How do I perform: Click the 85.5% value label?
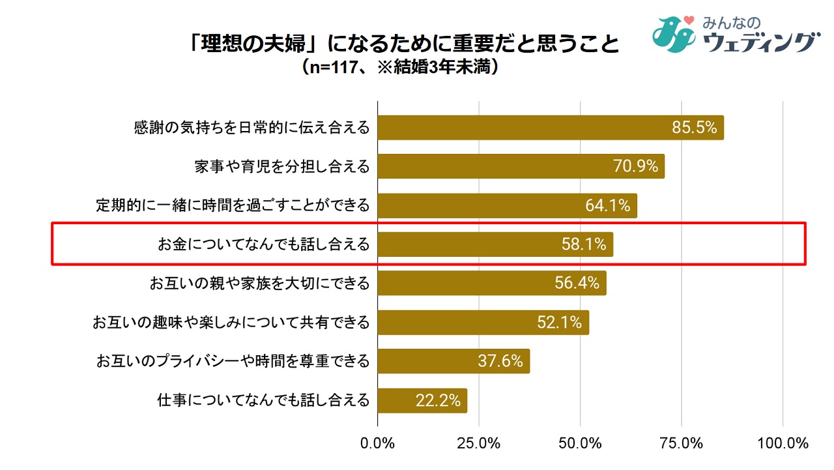695,128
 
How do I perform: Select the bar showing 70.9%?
521,166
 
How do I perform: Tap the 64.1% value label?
607,205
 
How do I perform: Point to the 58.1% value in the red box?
584,244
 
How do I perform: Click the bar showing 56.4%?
492,284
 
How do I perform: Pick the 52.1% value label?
559,323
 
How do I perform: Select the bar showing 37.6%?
453,361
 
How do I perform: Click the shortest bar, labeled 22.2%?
422,400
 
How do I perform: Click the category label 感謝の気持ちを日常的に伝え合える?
252,128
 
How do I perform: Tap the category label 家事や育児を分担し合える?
281,166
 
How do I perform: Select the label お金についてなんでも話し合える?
263,244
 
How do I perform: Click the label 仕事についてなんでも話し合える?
263,400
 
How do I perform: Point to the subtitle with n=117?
401,68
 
